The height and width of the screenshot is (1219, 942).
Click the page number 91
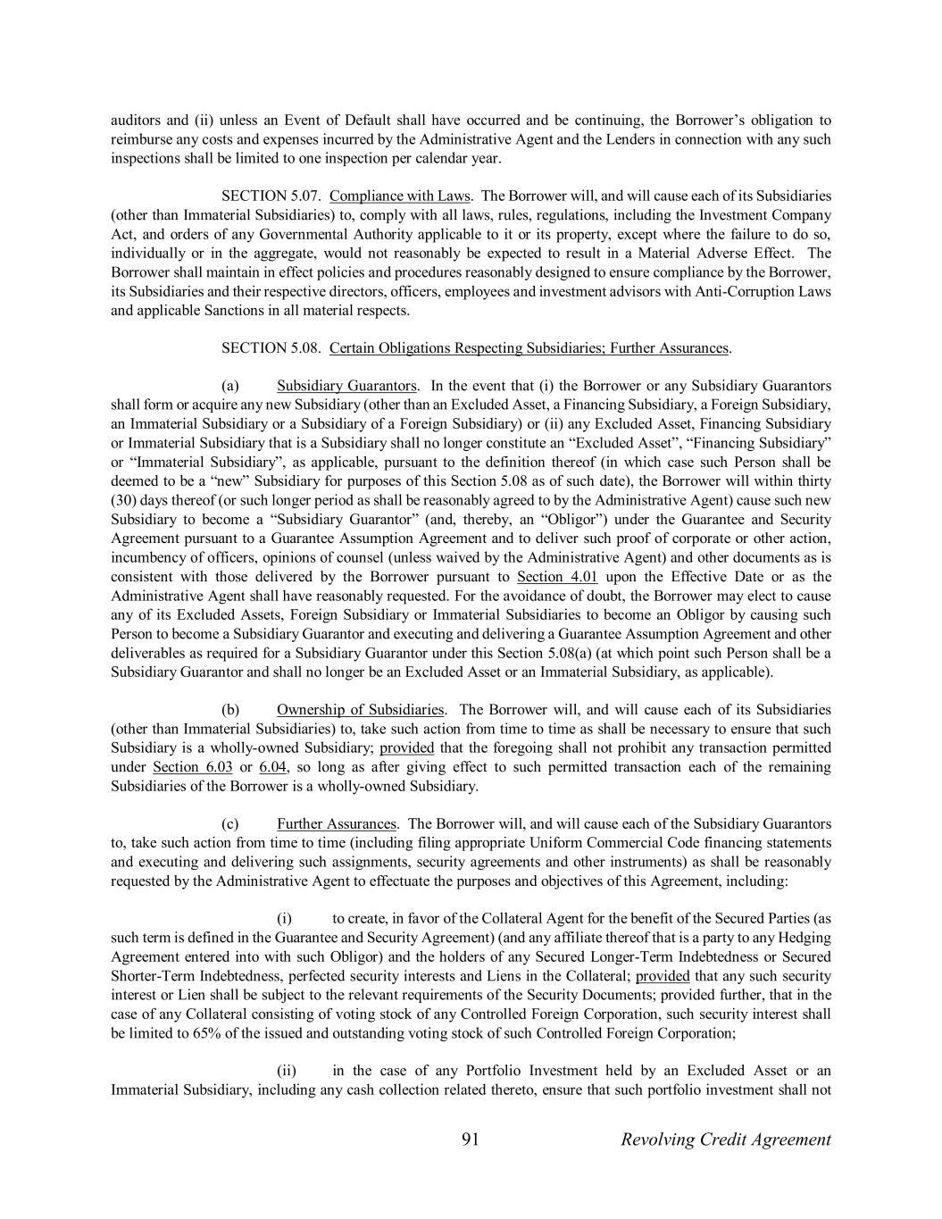point(471,1139)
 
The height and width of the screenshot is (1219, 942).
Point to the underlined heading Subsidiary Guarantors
point(346,386)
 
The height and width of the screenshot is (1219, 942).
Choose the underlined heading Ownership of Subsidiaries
point(361,710)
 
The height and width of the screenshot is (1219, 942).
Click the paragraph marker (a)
point(230,386)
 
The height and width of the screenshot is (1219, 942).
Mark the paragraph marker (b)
point(230,710)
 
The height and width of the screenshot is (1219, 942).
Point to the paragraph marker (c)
point(230,824)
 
